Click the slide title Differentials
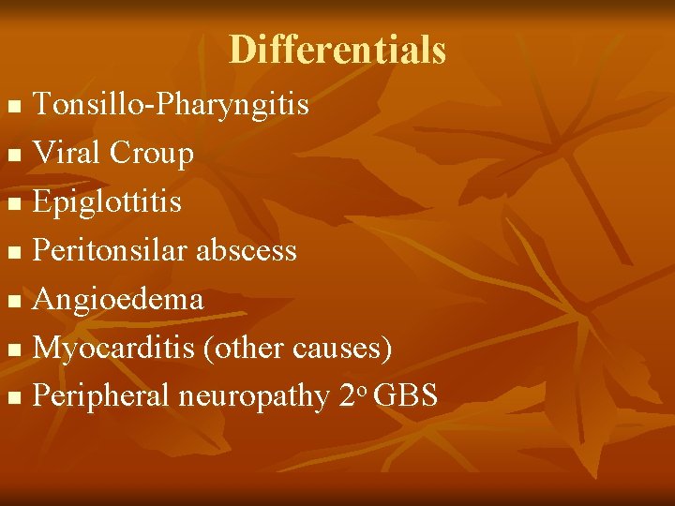[x=337, y=49]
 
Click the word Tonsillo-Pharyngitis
[x=171, y=105]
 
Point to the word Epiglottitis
[x=107, y=202]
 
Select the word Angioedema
[x=117, y=299]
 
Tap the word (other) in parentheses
[x=249, y=349]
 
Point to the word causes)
[x=342, y=349]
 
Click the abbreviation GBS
[x=405, y=395]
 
